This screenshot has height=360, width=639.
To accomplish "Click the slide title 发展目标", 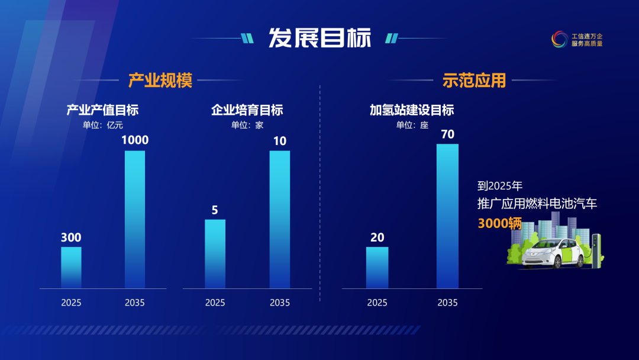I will [x=319, y=38].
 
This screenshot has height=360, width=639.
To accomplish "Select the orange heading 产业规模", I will [x=160, y=80].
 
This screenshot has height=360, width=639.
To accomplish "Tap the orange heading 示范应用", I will [x=474, y=80].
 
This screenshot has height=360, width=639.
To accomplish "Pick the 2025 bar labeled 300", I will [x=71, y=268].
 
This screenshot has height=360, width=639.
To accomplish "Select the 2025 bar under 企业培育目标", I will [x=215, y=254].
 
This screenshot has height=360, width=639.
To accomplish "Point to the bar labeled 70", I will [x=447, y=216].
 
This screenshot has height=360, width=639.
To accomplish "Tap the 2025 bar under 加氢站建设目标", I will [x=377, y=268].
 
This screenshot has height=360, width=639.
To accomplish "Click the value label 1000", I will [x=135, y=141].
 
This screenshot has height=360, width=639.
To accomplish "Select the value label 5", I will [x=215, y=210].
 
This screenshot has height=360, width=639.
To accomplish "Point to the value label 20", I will [x=377, y=237].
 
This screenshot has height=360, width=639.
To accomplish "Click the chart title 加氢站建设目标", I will [x=412, y=110].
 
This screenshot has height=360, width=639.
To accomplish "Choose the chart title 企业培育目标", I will [x=247, y=110].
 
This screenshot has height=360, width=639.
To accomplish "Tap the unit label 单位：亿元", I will [x=103, y=125].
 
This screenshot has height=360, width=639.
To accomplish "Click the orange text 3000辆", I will [x=500, y=223].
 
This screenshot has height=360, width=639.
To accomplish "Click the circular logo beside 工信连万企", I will [x=559, y=40].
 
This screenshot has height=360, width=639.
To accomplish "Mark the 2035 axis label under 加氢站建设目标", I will [x=447, y=303].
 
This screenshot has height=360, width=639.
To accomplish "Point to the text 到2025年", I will [x=500, y=186].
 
